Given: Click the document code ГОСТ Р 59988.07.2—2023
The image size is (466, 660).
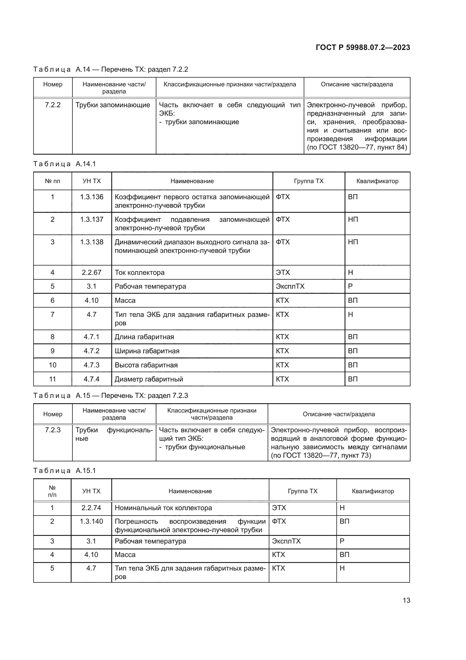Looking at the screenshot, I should click(x=363, y=47).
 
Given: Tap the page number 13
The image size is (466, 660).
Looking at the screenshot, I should click(x=406, y=600).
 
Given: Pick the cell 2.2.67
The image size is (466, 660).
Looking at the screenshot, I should click(x=92, y=273).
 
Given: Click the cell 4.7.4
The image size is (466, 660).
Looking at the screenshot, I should click(x=92, y=379).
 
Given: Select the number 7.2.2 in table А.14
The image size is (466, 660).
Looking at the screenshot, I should click(x=53, y=105).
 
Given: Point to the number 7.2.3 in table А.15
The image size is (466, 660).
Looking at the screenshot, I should click(x=53, y=430).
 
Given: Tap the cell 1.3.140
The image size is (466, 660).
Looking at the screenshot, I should click(x=91, y=521).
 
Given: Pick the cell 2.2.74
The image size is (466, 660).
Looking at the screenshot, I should click(x=91, y=508).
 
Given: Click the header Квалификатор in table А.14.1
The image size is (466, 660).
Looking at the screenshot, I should click(x=377, y=181).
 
